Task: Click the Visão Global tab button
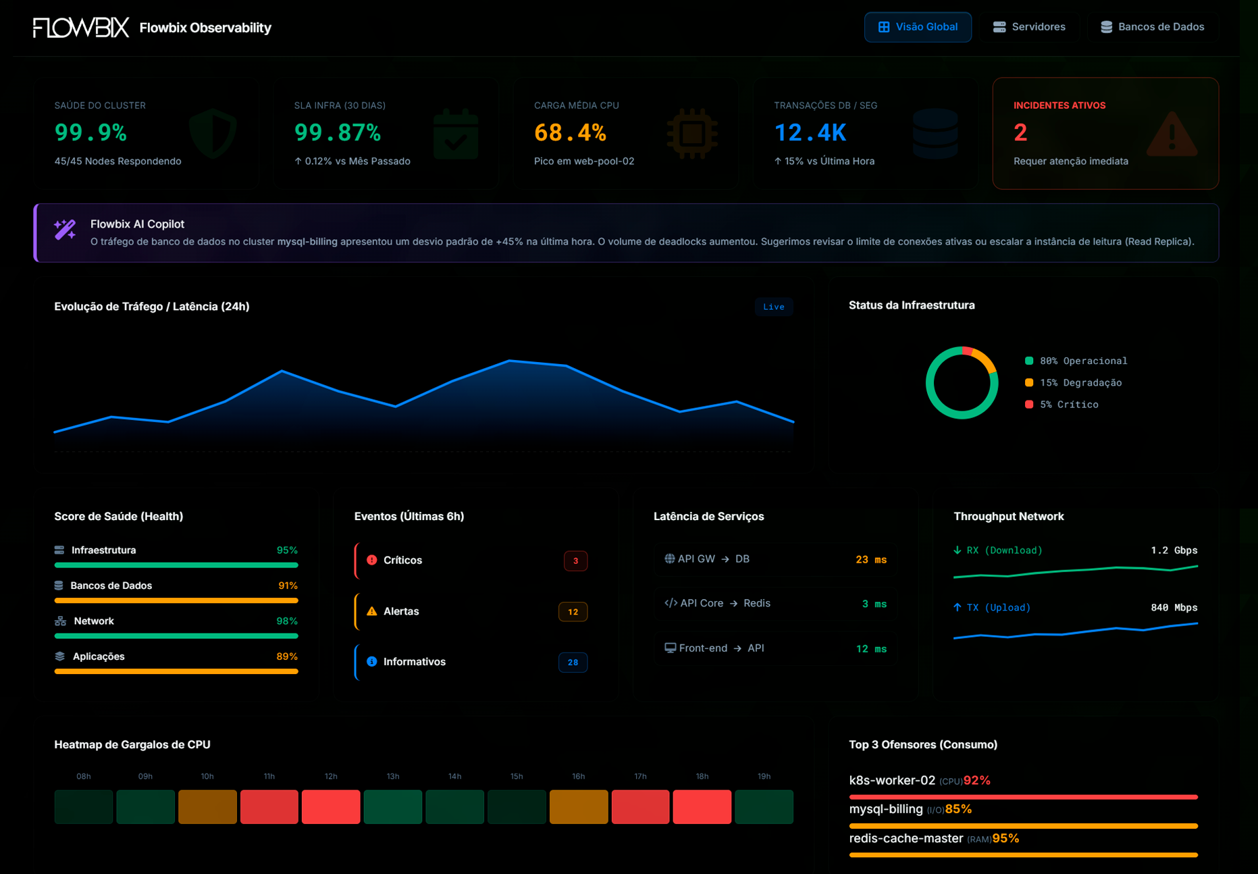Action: tap(918, 27)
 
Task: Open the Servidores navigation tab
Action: tap(1029, 27)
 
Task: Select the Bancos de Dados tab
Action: tap(1153, 27)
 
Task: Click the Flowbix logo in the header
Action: tap(81, 28)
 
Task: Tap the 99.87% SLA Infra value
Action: tap(338, 132)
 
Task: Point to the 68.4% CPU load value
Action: tap(570, 132)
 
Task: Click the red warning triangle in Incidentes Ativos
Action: tap(1172, 134)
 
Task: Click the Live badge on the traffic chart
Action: tap(773, 307)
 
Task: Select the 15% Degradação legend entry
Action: tap(1080, 383)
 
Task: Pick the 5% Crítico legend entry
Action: tap(1068, 405)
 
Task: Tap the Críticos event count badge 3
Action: tap(575, 561)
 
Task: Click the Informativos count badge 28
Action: tap(573, 663)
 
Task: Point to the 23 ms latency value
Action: tap(870, 559)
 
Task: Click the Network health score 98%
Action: tap(286, 621)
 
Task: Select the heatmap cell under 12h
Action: tap(331, 806)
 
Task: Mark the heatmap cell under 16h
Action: tap(579, 806)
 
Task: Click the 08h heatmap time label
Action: tap(83, 777)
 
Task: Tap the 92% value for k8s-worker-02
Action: tap(976, 781)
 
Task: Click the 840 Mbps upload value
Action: tap(1174, 608)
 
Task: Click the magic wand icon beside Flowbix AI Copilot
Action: tap(65, 230)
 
